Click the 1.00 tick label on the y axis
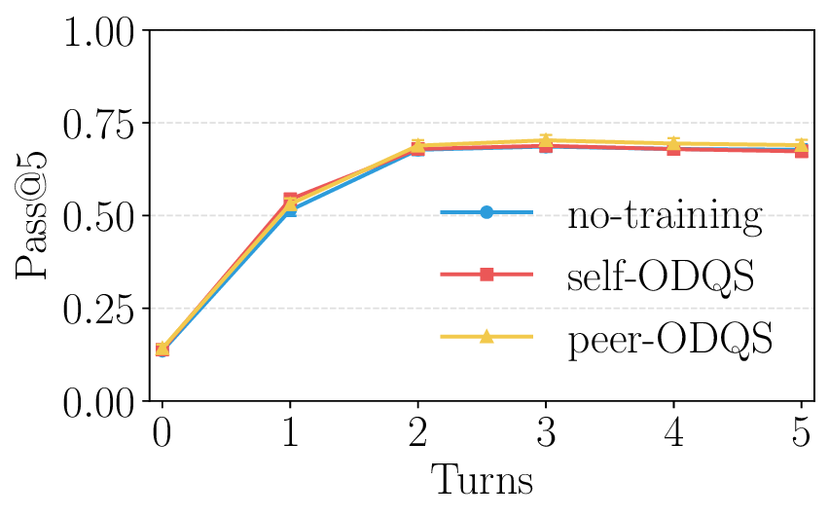tap(99, 31)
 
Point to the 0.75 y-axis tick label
tap(99, 124)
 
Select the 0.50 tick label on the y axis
tap(99, 215)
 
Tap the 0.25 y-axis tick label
tap(99, 308)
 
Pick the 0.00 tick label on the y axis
tap(99, 400)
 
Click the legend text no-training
tap(665, 214)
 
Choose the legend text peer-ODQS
tap(669, 339)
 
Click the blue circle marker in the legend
tap(487, 212)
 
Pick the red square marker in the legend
tap(487, 275)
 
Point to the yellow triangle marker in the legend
tap(487, 337)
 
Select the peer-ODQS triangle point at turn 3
tap(545, 141)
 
